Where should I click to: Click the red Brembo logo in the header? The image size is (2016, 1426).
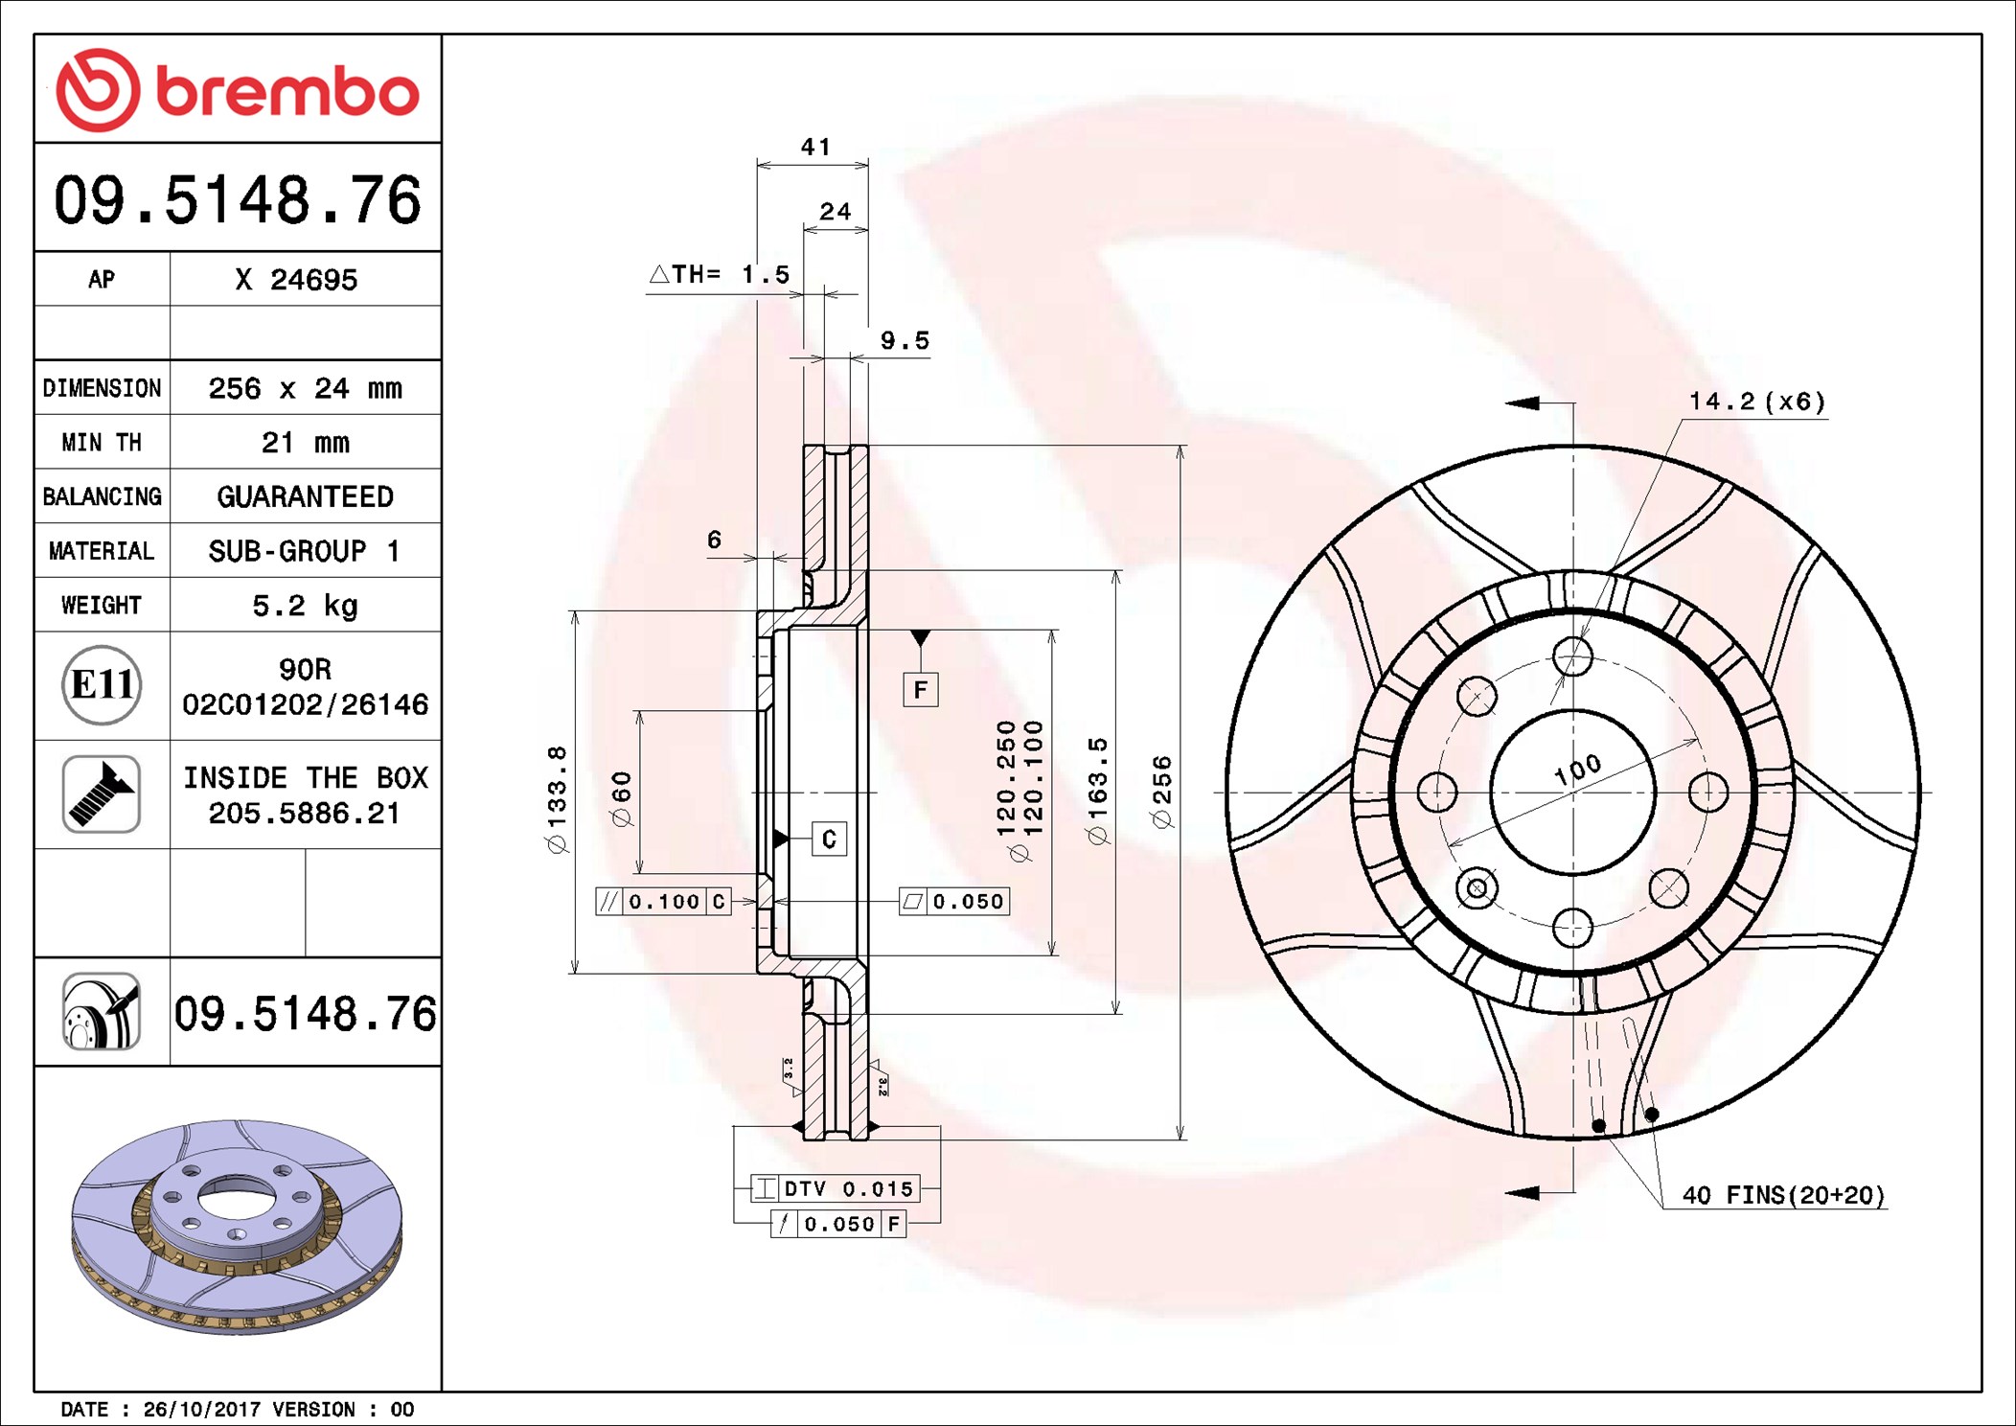[x=238, y=90]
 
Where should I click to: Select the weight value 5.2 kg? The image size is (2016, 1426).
[x=305, y=606]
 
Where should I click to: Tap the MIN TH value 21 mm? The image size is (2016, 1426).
[x=305, y=443]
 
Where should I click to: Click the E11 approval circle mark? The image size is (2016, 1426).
[x=102, y=685]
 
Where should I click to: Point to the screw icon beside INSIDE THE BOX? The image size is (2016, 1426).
[x=102, y=793]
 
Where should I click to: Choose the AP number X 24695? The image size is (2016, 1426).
[x=296, y=280]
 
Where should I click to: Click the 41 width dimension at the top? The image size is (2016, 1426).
[x=816, y=147]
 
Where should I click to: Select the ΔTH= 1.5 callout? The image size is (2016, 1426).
[x=720, y=275]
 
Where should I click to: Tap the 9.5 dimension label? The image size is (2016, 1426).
[x=905, y=341]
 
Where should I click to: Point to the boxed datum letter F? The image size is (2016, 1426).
[x=921, y=690]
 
